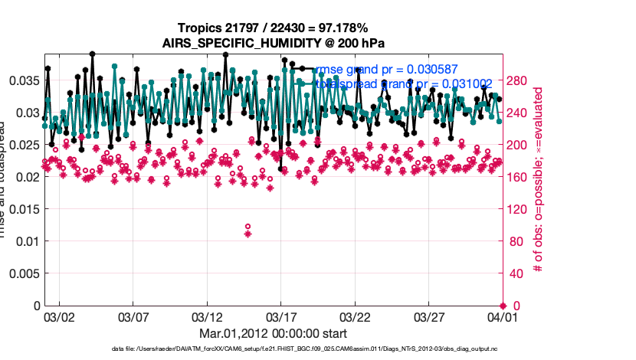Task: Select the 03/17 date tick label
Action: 281,316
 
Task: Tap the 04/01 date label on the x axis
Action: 503,316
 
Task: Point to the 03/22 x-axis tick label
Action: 355,316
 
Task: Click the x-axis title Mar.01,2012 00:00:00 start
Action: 273,333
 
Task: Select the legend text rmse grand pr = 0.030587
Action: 387,69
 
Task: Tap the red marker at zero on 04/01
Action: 503,306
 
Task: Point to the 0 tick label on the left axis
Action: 34,306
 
